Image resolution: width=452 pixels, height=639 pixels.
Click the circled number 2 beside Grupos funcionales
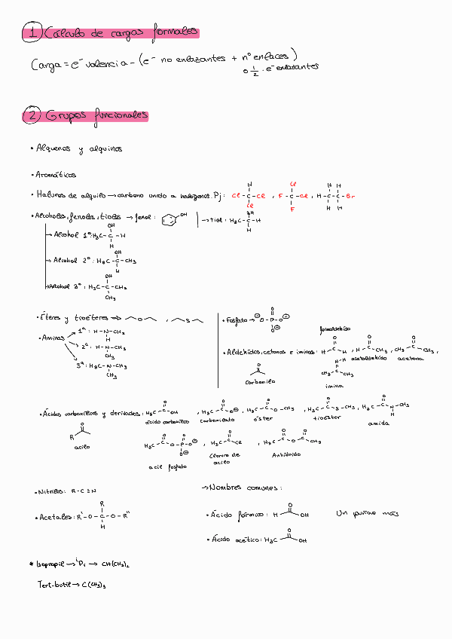[x=32, y=116]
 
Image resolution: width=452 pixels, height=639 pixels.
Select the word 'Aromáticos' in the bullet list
[x=56, y=175]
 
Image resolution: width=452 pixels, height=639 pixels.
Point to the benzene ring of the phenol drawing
[x=173, y=220]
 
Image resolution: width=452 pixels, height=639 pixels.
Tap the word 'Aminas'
[x=53, y=338]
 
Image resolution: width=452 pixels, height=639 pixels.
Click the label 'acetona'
[x=410, y=359]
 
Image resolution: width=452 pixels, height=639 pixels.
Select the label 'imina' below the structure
[x=334, y=385]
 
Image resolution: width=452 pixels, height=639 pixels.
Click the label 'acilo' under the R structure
[x=81, y=448]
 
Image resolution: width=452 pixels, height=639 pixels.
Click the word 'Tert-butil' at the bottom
[x=54, y=584]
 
